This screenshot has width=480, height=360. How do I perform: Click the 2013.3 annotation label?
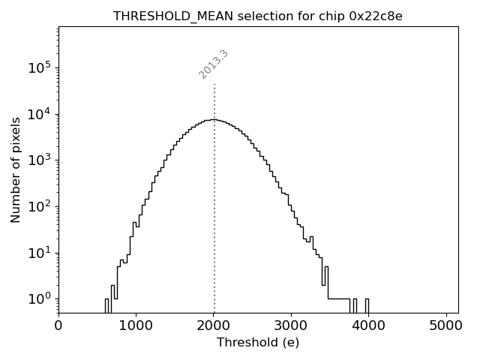[x=214, y=64]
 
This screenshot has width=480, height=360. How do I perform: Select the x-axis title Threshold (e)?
[x=258, y=343]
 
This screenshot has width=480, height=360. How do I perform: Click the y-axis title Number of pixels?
[x=16, y=169]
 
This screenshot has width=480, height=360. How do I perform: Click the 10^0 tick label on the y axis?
[x=40, y=298]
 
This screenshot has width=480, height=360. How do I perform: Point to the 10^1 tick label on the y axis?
[x=40, y=253]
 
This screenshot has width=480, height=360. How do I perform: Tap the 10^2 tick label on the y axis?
[x=40, y=206]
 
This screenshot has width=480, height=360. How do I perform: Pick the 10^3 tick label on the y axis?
[x=40, y=160]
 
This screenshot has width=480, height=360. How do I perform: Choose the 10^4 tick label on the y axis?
[x=40, y=114]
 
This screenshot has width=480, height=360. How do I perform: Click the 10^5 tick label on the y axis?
[x=40, y=67]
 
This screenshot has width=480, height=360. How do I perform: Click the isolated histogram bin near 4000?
[x=367, y=305]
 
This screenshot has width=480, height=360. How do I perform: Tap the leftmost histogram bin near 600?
[x=107, y=305]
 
